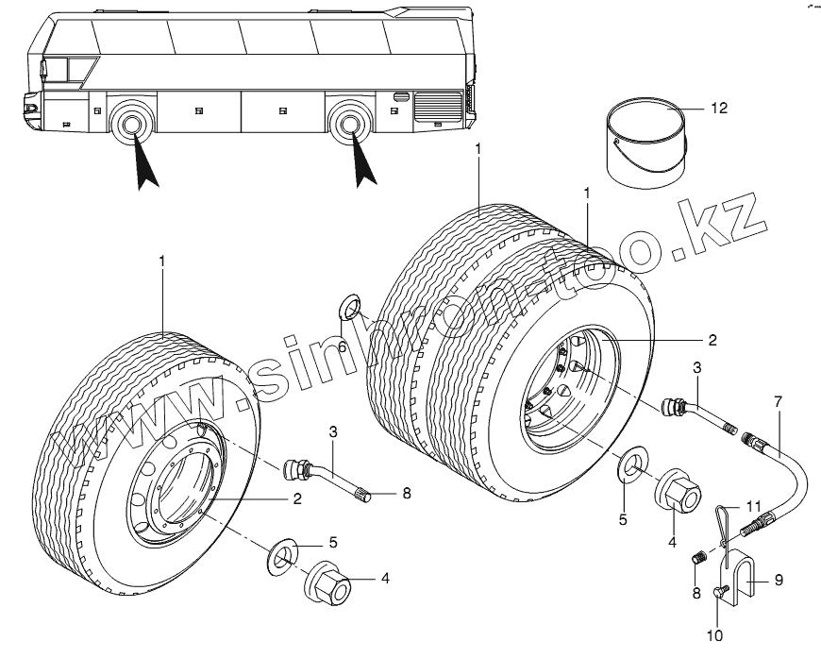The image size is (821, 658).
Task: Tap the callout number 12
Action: pos(719,109)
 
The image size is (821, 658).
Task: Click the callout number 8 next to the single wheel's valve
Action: pos(407,492)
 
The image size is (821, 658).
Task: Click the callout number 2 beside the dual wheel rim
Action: pos(712,339)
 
